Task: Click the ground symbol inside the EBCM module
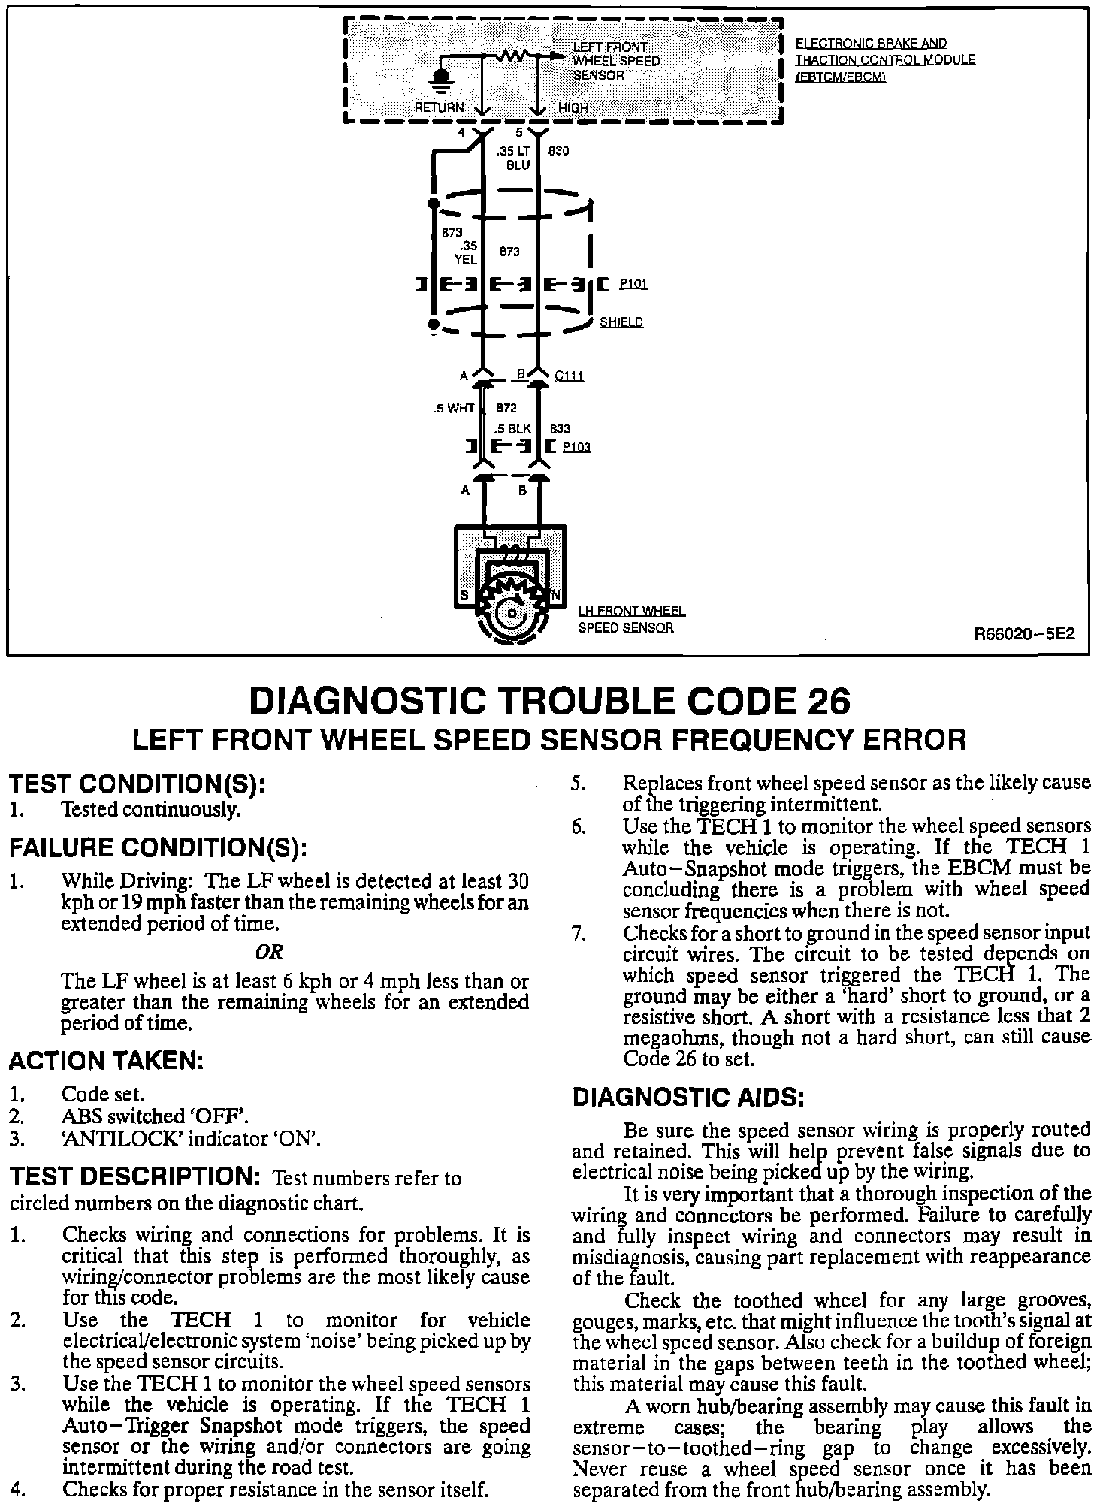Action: coord(442,78)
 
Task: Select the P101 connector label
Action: coord(633,285)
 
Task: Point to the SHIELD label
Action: coord(621,322)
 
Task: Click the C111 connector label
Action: coord(569,376)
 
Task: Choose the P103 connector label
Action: coord(576,447)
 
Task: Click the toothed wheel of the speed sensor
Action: coord(511,611)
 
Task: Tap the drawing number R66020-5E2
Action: coord(1024,633)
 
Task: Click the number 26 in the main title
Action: coord(829,702)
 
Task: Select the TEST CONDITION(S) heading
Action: coord(137,784)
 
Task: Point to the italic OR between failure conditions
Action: coord(268,953)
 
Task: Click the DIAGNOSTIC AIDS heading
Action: coord(688,1098)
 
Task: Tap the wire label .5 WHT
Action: coord(454,409)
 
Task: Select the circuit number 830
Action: coord(559,151)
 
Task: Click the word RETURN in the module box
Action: coord(440,107)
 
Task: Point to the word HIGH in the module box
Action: coord(573,107)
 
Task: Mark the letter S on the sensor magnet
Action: coord(464,596)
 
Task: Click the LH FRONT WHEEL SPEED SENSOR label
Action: coord(631,620)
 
